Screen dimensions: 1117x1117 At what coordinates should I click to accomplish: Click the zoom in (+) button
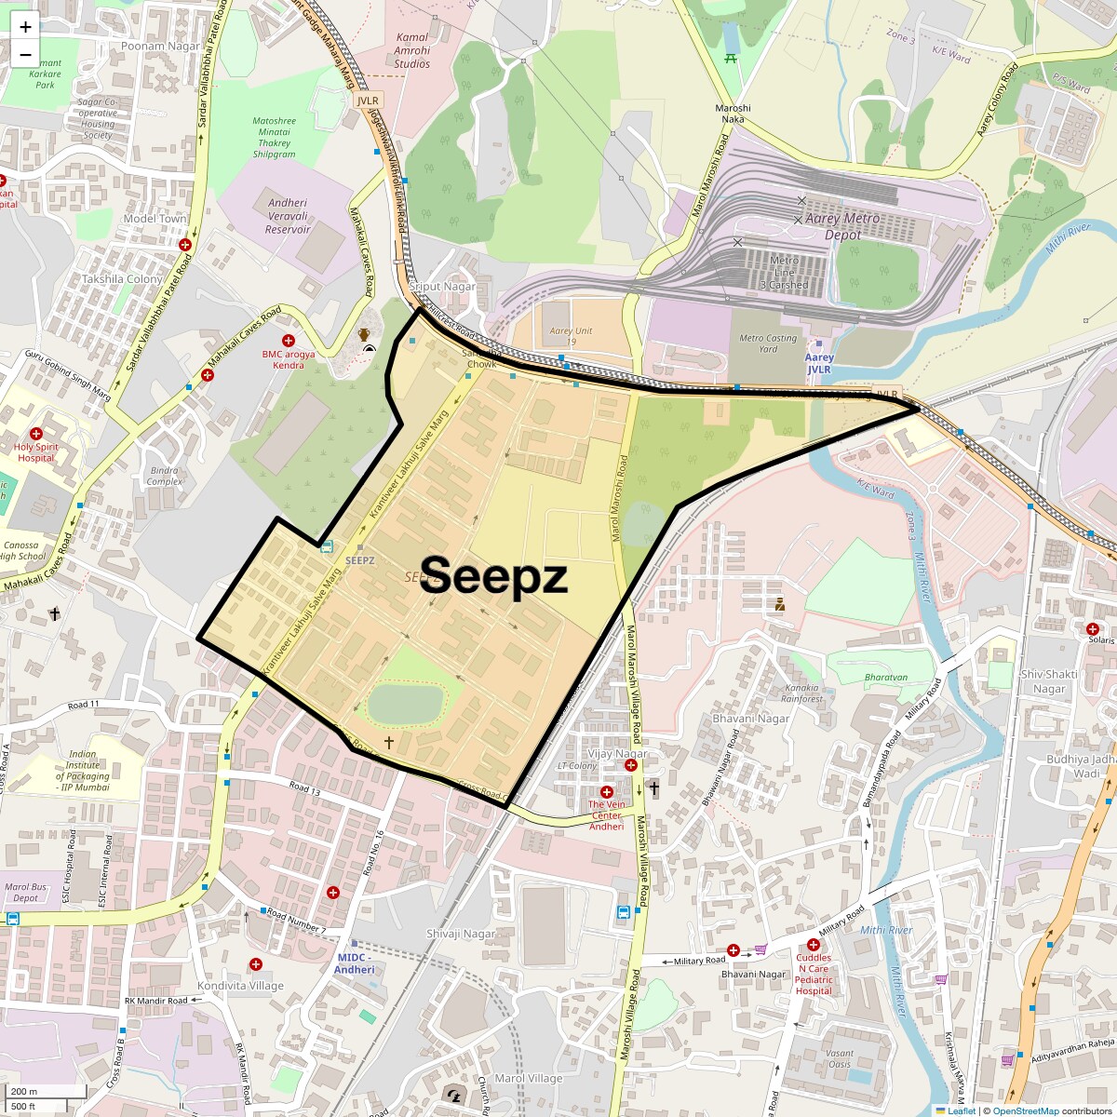tap(25, 27)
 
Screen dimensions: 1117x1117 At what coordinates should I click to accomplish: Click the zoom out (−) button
tap(25, 55)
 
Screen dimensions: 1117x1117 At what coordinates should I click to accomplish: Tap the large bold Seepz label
tap(493, 576)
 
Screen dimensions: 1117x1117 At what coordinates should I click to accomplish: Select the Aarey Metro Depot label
tap(842, 227)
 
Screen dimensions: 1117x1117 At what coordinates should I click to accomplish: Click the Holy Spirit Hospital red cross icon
tap(36, 434)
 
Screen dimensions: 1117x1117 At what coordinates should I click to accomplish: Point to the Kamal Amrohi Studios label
tap(412, 51)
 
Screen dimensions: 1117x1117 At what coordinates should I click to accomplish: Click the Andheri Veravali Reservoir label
tap(288, 216)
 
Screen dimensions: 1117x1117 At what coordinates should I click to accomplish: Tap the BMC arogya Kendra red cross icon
tap(289, 342)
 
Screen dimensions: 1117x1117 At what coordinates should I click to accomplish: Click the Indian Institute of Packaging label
tap(82, 771)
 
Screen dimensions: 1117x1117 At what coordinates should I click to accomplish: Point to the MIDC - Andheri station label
tap(355, 963)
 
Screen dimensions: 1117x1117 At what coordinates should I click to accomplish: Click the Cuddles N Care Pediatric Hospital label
tap(814, 974)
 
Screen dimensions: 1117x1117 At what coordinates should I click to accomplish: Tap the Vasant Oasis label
tap(839, 1058)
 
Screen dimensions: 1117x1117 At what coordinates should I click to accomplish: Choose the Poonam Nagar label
tap(161, 46)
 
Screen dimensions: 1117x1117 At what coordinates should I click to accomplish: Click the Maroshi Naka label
tap(733, 114)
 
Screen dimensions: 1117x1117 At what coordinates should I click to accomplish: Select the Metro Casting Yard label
tap(768, 343)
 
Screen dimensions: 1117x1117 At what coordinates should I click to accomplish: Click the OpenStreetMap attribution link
tap(1025, 1110)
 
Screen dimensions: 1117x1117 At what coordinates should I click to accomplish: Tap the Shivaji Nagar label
tap(461, 934)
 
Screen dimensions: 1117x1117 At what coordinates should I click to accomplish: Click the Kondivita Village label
tap(240, 986)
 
